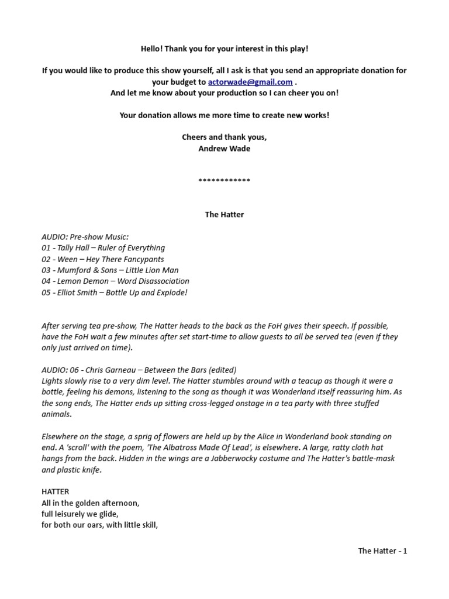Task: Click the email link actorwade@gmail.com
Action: pyautogui.click(x=250, y=82)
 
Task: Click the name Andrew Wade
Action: pyautogui.click(x=224, y=148)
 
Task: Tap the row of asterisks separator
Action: pyautogui.click(x=224, y=180)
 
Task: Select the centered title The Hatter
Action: pyautogui.click(x=224, y=214)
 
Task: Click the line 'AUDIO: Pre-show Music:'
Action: pyautogui.click(x=85, y=237)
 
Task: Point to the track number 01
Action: pyautogui.click(x=46, y=248)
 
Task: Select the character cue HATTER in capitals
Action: pyautogui.click(x=55, y=492)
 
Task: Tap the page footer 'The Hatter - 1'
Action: pyautogui.click(x=382, y=550)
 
